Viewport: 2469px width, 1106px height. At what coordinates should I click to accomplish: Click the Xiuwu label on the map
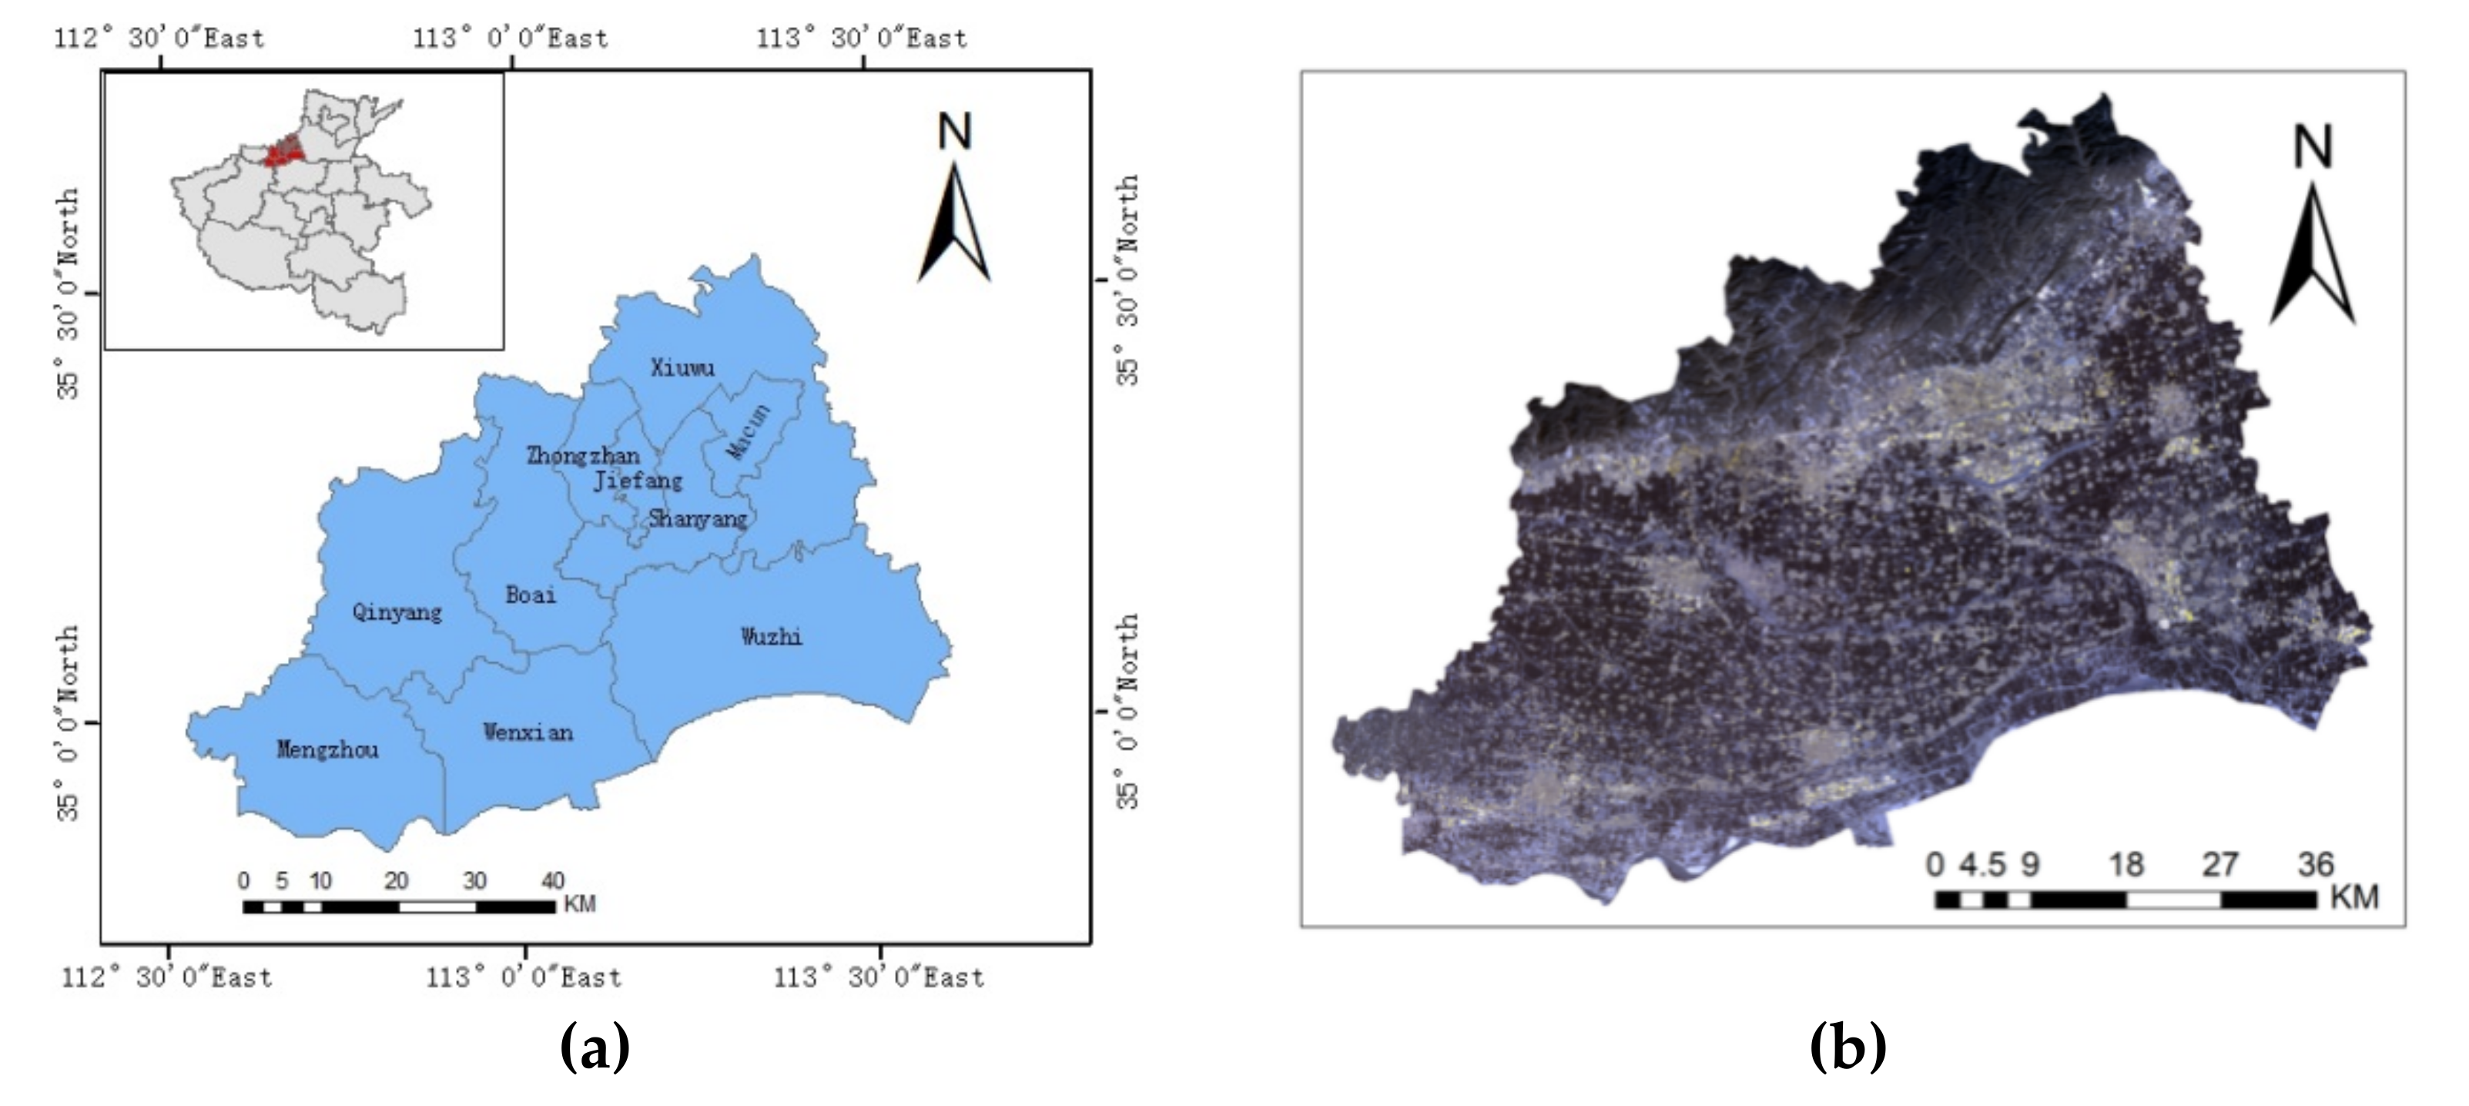682,367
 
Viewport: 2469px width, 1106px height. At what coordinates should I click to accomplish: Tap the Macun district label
749,431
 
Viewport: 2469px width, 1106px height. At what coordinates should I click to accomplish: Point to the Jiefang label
638,480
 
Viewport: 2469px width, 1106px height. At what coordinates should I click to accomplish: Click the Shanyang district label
698,518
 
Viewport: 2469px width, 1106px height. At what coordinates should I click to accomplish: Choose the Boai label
530,595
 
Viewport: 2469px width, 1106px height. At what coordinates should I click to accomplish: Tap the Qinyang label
397,612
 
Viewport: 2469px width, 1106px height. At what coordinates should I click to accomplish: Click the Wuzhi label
772,636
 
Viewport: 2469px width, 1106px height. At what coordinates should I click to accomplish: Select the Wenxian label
528,733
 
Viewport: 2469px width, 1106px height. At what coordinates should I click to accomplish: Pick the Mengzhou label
328,749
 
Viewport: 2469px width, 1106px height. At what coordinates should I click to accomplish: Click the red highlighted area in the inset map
285,152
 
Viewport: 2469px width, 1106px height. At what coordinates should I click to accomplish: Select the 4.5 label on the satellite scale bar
1982,864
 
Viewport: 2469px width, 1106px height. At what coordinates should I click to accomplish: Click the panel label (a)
595,1047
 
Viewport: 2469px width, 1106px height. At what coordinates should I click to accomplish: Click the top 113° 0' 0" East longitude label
510,39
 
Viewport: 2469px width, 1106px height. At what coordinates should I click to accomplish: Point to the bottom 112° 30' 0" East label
167,977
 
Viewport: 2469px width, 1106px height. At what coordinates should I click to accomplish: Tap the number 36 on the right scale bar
2316,864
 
